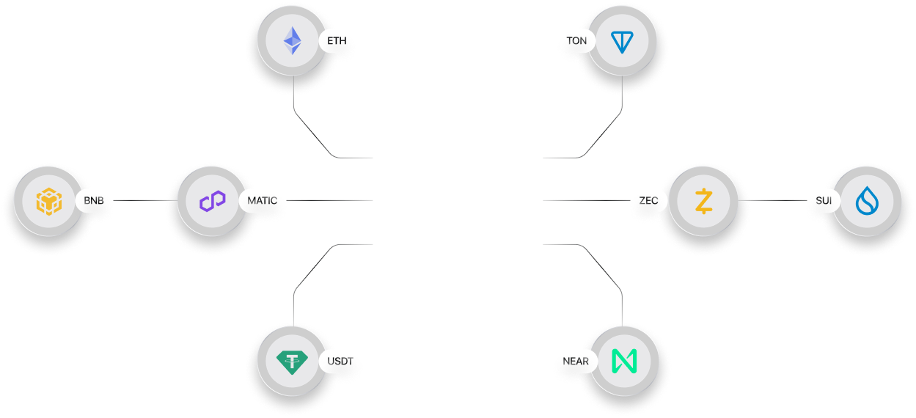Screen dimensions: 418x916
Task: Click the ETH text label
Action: [337, 41]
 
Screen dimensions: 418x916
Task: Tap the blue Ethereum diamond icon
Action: [293, 41]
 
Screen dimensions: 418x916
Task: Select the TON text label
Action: [577, 41]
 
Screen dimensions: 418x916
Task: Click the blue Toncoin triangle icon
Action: [622, 41]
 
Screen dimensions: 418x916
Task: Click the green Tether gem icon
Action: [293, 361]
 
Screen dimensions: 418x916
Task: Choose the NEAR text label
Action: [576, 361]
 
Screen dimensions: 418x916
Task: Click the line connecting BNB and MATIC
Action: [139, 199]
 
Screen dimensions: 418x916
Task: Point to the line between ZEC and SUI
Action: [777, 199]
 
